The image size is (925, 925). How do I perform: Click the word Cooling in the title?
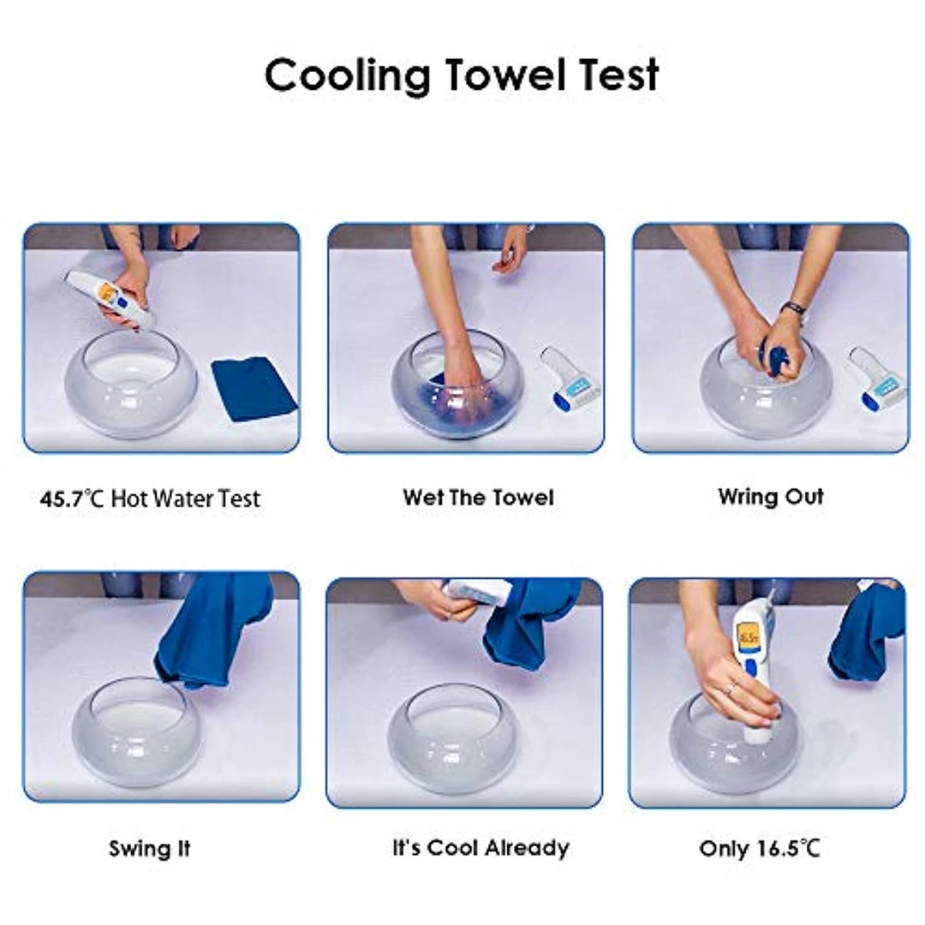click(x=347, y=75)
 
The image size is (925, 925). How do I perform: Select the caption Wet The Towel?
click(x=478, y=498)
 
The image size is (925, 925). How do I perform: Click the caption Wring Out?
click(x=771, y=497)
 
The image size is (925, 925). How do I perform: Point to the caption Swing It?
click(x=150, y=849)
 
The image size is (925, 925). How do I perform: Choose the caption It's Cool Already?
click(x=480, y=848)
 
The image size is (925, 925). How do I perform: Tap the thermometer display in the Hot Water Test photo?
click(x=108, y=292)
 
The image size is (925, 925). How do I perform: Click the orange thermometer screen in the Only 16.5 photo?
click(x=748, y=638)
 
